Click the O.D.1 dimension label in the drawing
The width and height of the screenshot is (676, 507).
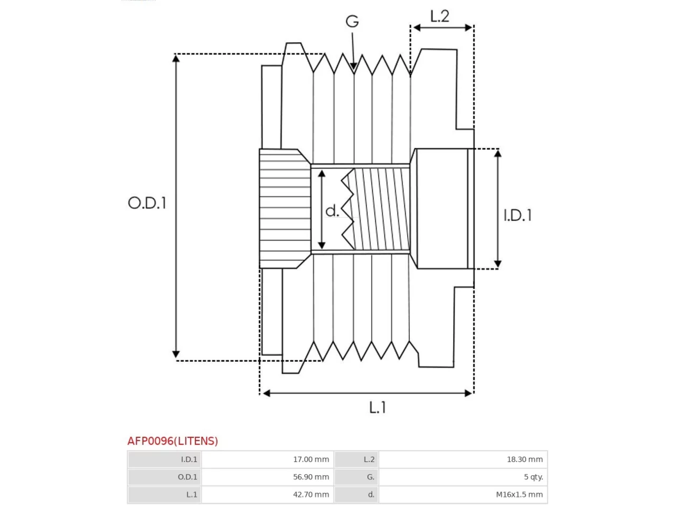(147, 203)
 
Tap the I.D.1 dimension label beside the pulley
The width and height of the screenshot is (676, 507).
(518, 215)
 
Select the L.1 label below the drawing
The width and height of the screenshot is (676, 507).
(377, 407)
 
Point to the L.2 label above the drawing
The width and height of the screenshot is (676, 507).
(439, 16)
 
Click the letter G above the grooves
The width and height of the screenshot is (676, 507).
(352, 21)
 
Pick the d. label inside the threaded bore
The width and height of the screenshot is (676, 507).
(332, 211)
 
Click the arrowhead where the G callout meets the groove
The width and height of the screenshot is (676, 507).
(353, 67)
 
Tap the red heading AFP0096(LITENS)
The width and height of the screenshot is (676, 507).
(173, 441)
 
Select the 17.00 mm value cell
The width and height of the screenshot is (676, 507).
(267, 459)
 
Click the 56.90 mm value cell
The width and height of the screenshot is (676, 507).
(267, 477)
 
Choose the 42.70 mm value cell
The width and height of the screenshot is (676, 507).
(267, 494)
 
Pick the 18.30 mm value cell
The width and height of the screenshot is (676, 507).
(463, 459)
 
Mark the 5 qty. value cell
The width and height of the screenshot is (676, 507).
(463, 477)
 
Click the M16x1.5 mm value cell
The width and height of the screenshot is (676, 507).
(463, 494)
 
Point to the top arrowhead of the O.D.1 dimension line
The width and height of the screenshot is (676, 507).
(176, 58)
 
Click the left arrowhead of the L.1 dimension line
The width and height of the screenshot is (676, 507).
(267, 393)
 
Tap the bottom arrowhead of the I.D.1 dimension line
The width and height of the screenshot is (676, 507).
(497, 264)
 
